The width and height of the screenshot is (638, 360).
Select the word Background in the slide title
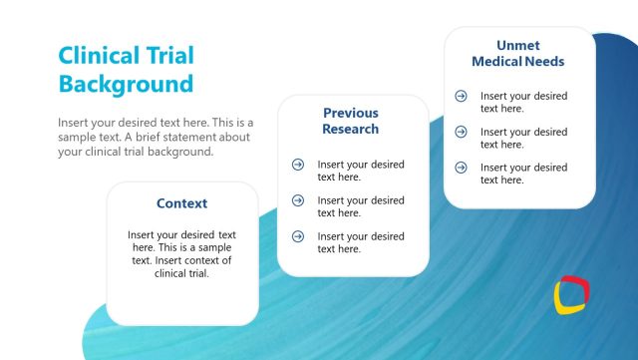point(126,83)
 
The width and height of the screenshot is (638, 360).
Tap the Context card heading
point(182,203)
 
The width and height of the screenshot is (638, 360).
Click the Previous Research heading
point(351,121)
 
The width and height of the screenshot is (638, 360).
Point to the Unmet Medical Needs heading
point(518,53)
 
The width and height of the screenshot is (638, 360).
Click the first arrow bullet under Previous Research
point(298,165)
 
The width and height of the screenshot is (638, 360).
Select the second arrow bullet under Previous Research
point(298,200)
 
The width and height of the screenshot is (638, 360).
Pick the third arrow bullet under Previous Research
point(298,236)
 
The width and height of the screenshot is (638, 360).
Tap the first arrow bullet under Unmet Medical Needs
point(461,96)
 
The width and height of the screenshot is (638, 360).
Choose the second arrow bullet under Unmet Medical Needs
point(461,132)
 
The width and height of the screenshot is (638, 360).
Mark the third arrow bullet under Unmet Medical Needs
point(461,167)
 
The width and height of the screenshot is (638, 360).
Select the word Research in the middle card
point(351,129)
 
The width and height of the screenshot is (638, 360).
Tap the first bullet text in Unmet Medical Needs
point(523,102)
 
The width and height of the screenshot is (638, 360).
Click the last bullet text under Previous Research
point(361,242)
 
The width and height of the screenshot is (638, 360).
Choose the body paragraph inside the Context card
point(182,253)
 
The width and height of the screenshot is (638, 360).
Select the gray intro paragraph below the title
point(155,137)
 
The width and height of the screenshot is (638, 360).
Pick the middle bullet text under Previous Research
point(361,206)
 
